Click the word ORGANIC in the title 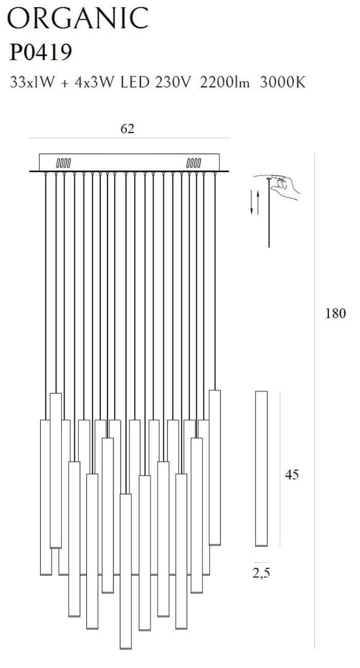pos(78,19)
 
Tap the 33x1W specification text pos(32,82)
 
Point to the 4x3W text pos(94,82)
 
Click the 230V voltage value pos(173,82)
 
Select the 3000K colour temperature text pos(282,82)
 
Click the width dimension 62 pos(127,129)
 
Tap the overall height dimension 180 pos(336,314)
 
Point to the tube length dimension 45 pos(292,474)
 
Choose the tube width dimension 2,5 pos(261,573)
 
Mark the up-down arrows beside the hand pos(254,202)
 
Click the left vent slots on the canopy pos(64,163)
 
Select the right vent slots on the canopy pos(193,163)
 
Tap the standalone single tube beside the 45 pos(261,468)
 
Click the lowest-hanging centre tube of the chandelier pos(125,571)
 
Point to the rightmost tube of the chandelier pos(215,467)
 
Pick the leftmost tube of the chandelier pos(46,498)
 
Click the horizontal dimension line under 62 pos(129,138)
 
